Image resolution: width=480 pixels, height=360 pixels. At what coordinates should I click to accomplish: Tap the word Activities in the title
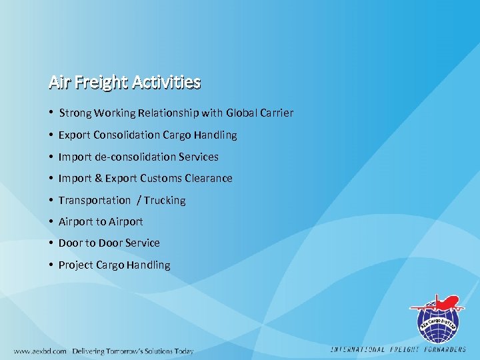[x=166, y=82]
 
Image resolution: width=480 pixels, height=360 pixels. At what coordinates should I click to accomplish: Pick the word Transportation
[x=95, y=201]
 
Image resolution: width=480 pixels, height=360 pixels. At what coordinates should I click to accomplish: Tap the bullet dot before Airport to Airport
[x=51, y=221]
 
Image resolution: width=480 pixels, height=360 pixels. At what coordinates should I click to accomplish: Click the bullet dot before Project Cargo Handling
[x=51, y=265]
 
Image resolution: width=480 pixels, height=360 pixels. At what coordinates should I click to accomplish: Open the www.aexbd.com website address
[x=40, y=351]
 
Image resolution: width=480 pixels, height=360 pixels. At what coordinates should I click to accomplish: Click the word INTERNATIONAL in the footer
[x=359, y=349]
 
